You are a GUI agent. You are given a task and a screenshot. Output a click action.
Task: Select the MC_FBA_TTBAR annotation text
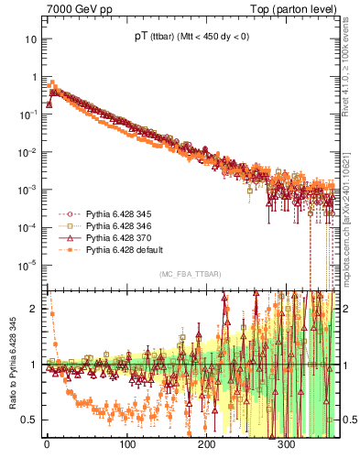pyautogui.click(x=188, y=274)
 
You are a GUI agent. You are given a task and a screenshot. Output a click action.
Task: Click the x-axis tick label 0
pyautogui.click(x=47, y=444)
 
